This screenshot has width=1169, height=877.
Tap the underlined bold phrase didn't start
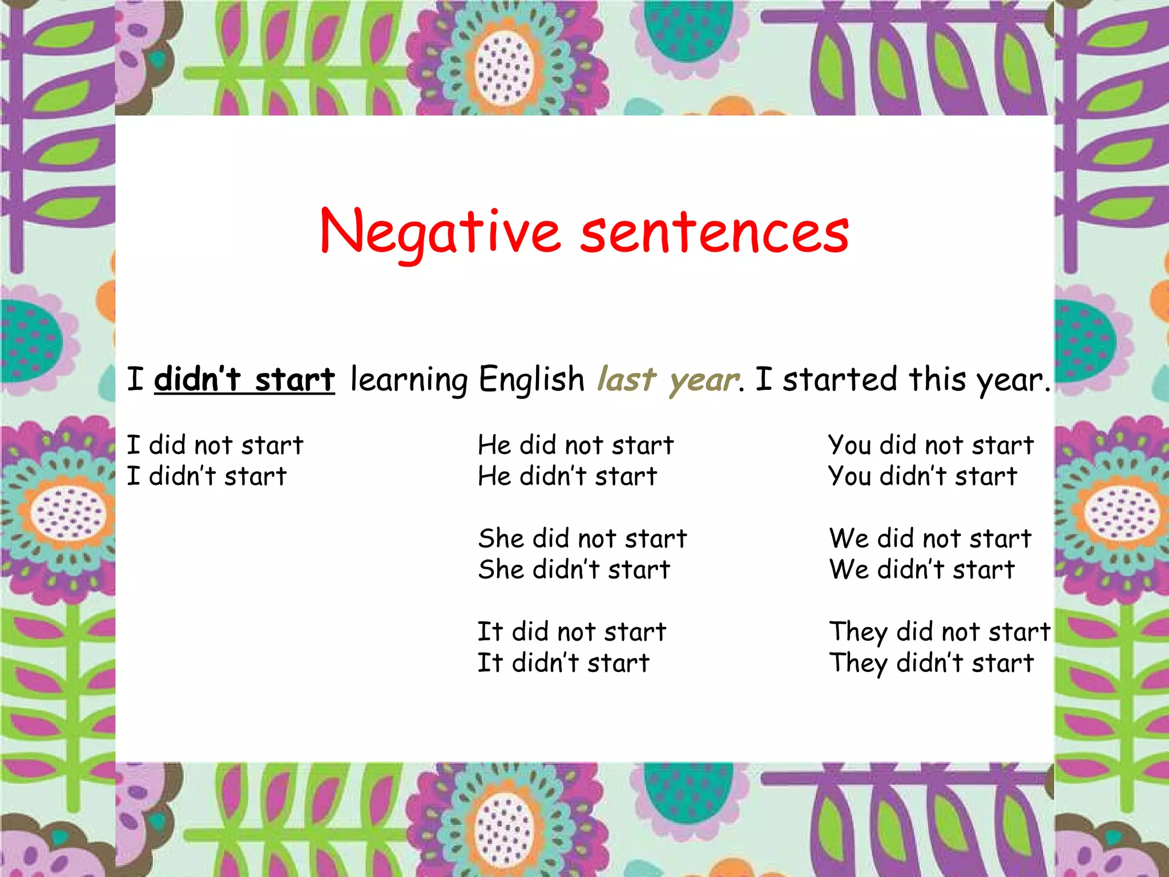pyautogui.click(x=244, y=380)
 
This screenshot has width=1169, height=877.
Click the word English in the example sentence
pyautogui.click(x=531, y=380)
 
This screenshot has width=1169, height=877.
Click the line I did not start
pyautogui.click(x=215, y=445)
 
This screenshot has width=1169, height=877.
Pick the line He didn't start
pyautogui.click(x=567, y=476)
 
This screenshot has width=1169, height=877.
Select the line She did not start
pyautogui.click(x=582, y=538)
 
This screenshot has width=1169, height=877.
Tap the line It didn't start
pyautogui.click(x=563, y=663)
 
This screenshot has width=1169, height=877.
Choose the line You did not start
pyautogui.click(x=930, y=445)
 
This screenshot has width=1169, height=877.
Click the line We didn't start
pyautogui.click(x=922, y=570)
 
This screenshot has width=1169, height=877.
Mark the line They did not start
pyautogui.click(x=940, y=632)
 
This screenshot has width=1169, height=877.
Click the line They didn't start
pyautogui.click(x=931, y=663)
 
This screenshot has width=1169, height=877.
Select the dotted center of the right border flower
pyautogui.click(x=1122, y=514)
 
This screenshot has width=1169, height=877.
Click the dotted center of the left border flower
pyautogui.click(x=68, y=514)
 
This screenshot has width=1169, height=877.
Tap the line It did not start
pyautogui.click(x=571, y=632)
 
